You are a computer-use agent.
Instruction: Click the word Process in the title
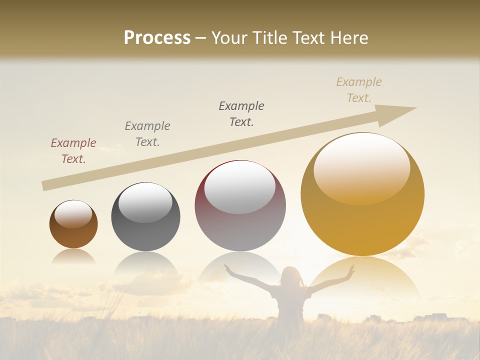[x=157, y=38]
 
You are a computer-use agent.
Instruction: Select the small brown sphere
[x=73, y=224]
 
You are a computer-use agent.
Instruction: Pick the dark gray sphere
[x=145, y=217]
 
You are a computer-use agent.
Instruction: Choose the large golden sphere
[x=362, y=194]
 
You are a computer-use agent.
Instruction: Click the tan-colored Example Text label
[x=358, y=90]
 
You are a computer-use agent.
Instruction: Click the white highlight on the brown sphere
[x=73, y=214]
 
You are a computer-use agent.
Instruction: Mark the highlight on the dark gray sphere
[x=145, y=202]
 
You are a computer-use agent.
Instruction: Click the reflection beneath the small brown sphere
[x=73, y=256]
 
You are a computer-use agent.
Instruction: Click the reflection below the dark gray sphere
[x=145, y=262]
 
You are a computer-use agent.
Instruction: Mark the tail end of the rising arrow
[x=45, y=186]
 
